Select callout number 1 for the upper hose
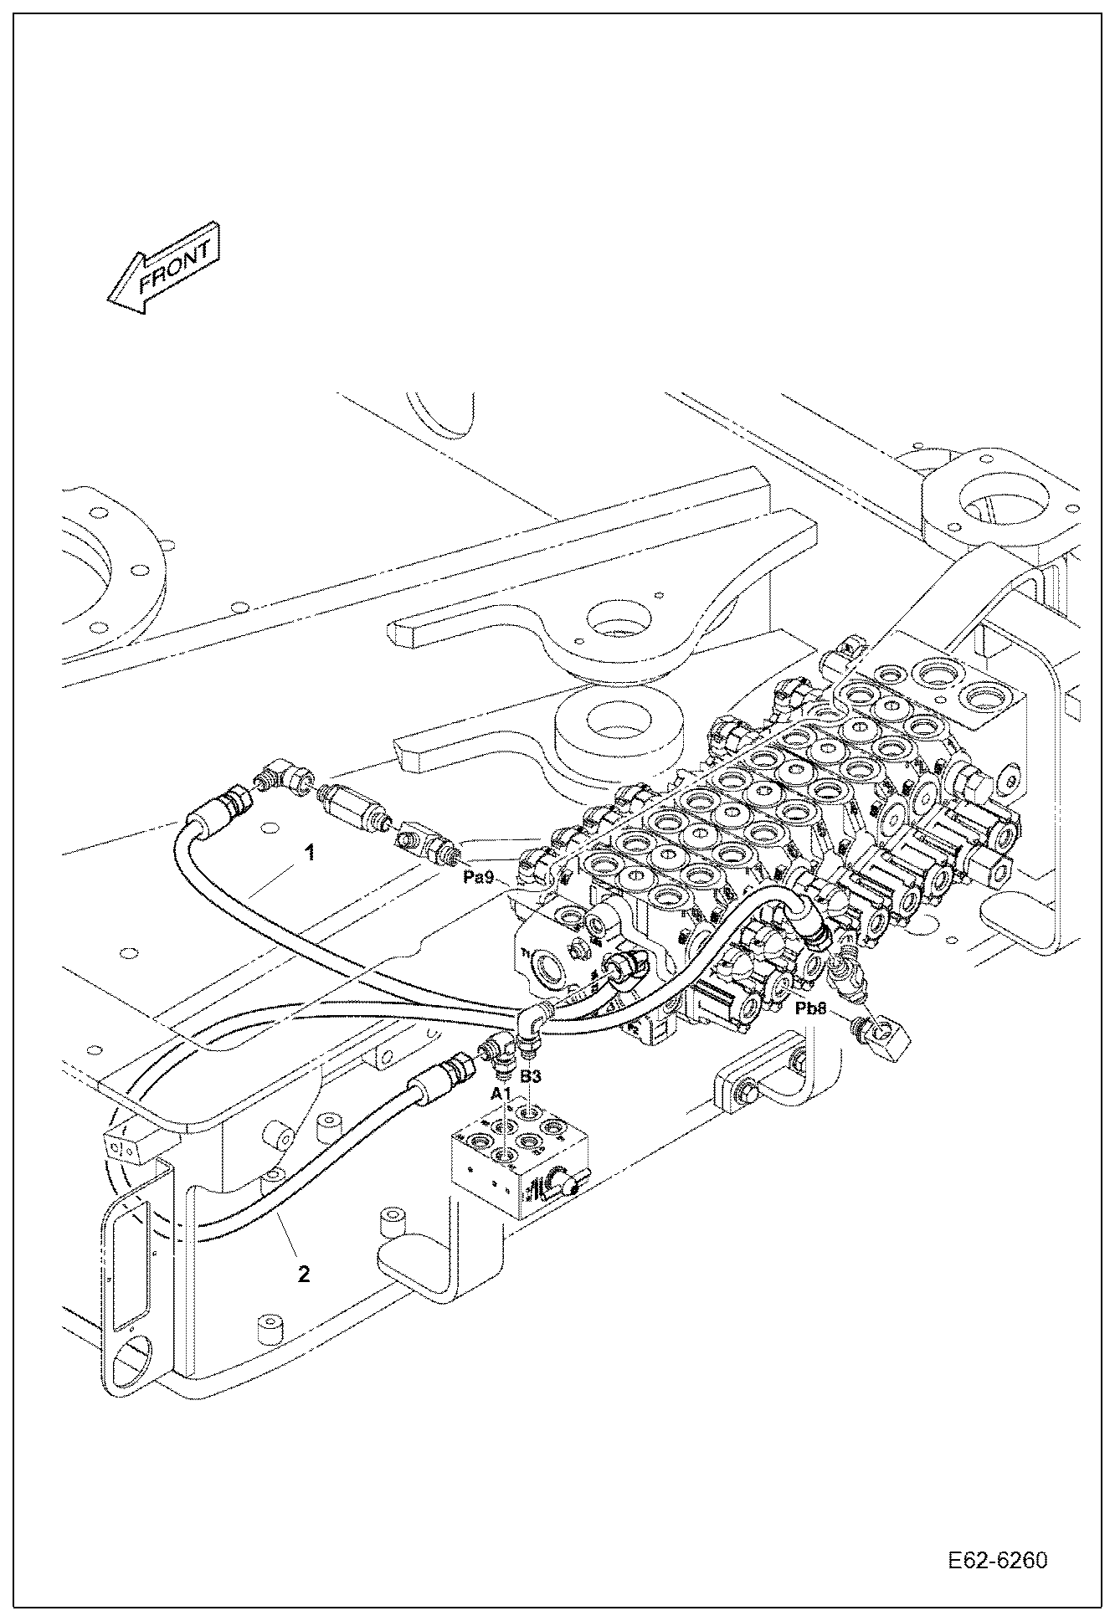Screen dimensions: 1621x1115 [x=309, y=854]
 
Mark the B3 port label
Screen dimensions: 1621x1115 [x=531, y=1078]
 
